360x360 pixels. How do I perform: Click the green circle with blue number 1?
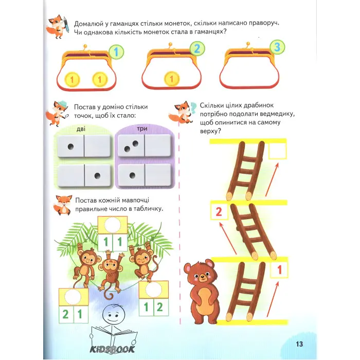[116, 52]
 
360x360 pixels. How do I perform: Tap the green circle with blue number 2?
[197, 49]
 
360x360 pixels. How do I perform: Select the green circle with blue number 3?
[277, 47]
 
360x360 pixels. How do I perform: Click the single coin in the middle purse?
[171, 79]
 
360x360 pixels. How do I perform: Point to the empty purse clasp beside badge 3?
[248, 45]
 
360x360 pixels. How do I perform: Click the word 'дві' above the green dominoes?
[81, 129]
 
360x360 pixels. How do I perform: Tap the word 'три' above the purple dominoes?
[142, 129]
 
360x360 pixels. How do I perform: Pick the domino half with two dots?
[131, 146]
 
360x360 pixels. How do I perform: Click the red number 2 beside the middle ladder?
[219, 212]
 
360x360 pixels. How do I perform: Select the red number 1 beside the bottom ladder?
[279, 270]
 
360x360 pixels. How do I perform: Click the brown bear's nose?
[202, 278]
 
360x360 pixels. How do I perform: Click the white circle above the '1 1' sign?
[113, 225]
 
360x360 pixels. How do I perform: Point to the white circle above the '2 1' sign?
[74, 297]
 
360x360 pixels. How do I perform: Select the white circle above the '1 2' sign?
[154, 289]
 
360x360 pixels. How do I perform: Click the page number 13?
[299, 344]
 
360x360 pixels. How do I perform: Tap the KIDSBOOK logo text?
[112, 349]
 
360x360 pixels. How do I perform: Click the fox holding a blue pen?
[58, 26]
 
